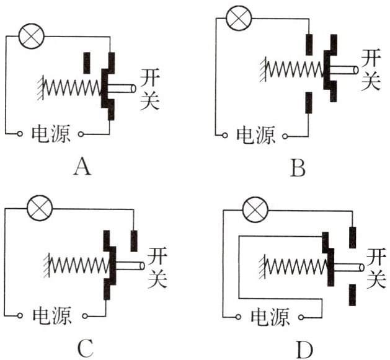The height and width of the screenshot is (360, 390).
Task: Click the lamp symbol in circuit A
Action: (32, 37)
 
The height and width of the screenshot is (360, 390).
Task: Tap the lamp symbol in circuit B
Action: (239, 18)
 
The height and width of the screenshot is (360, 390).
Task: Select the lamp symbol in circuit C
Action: (40, 208)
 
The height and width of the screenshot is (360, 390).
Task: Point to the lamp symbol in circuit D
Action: (255, 209)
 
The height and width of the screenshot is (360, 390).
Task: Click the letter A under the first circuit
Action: (82, 167)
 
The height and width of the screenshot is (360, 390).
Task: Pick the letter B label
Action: (298, 169)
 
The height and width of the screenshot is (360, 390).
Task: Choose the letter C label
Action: (86, 349)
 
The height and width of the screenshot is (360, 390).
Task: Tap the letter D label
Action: (304, 350)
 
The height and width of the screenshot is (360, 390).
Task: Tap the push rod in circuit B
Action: (344, 70)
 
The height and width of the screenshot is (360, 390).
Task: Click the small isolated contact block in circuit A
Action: (87, 63)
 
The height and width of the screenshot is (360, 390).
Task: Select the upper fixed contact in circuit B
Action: (309, 45)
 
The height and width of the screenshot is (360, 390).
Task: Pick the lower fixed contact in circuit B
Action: (309, 103)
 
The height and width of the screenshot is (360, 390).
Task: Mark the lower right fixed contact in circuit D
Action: (352, 295)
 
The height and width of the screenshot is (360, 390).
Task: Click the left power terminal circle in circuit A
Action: (20, 134)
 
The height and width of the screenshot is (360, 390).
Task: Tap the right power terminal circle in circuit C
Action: (85, 316)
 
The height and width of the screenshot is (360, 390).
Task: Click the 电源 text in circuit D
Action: (270, 317)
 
